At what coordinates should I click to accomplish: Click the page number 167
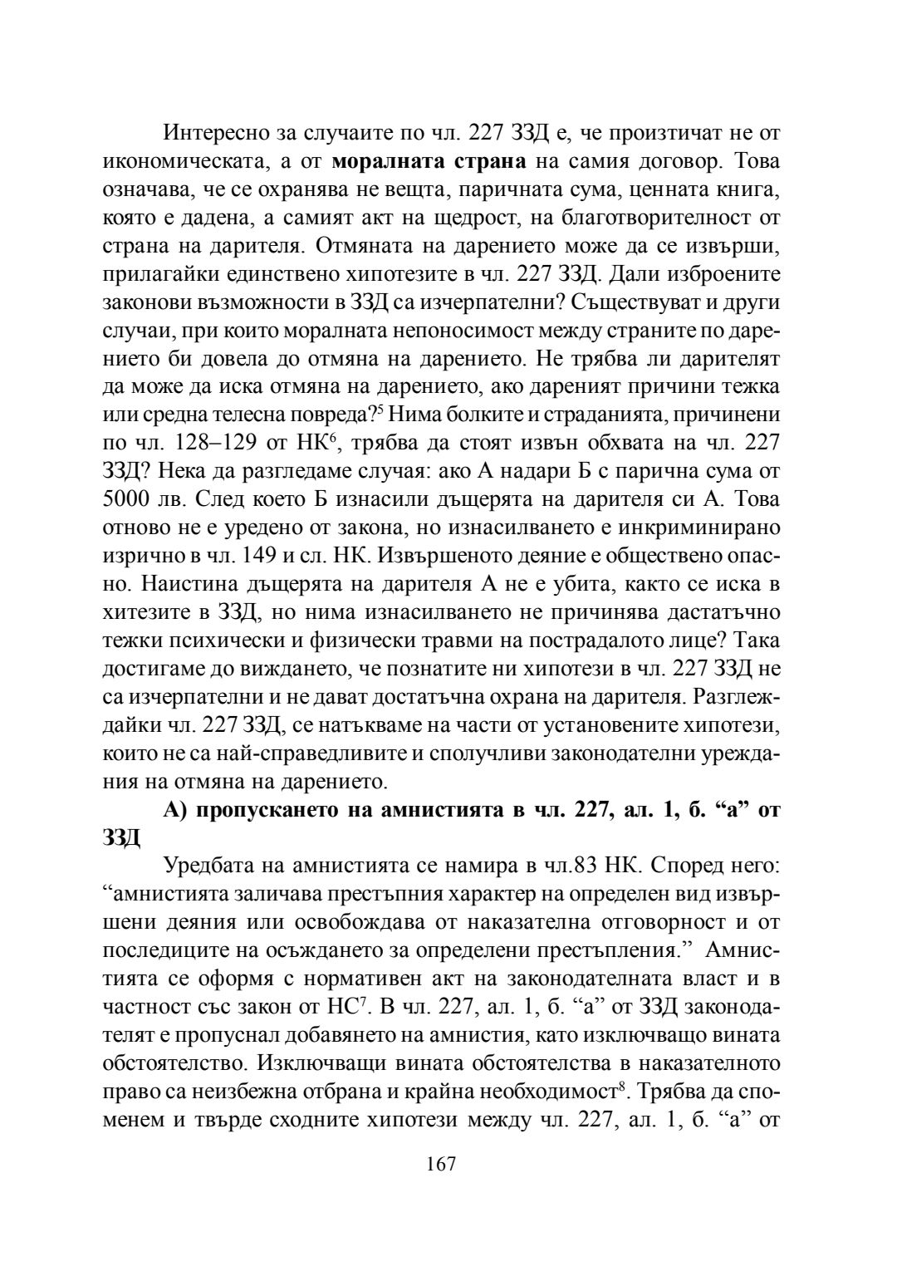(x=441, y=1164)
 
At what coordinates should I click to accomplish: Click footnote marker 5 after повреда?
(x=385, y=410)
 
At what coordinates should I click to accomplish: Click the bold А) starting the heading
(x=177, y=811)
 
